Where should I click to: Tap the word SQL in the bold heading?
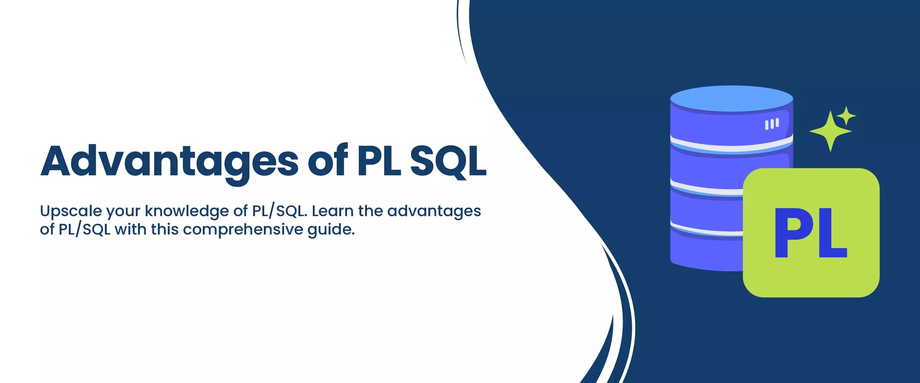coord(448,161)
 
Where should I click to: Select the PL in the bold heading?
coord(379,161)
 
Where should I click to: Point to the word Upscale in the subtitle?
coord(71,211)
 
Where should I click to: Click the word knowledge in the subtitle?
coord(187,211)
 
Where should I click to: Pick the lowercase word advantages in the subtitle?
coord(434,211)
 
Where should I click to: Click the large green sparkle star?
coord(830,131)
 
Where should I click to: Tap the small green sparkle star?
coord(846,116)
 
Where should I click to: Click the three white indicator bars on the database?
coord(772,124)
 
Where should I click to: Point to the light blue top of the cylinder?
coord(731,99)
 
